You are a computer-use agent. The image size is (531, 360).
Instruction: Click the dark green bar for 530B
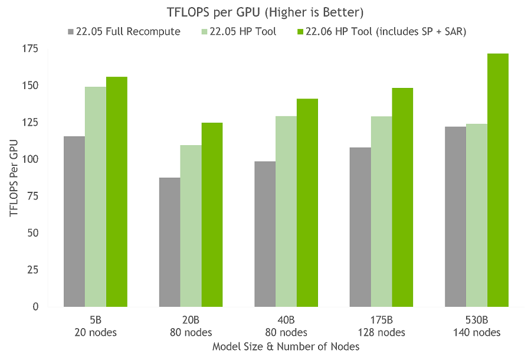click(497, 180)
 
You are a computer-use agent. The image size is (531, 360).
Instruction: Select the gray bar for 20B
click(170, 242)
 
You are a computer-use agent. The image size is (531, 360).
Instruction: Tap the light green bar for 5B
click(96, 197)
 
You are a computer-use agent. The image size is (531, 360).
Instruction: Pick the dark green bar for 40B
click(307, 202)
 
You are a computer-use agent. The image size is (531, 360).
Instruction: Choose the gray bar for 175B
click(360, 227)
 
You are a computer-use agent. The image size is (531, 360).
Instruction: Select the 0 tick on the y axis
click(35, 307)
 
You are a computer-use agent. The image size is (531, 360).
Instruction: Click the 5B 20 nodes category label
click(96, 326)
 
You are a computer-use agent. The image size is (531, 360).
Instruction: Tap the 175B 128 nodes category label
click(382, 326)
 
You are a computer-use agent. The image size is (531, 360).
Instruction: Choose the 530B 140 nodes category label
click(477, 326)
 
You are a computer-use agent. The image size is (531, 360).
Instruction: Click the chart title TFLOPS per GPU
click(264, 11)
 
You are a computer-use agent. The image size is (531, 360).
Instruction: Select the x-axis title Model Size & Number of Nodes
click(286, 347)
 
